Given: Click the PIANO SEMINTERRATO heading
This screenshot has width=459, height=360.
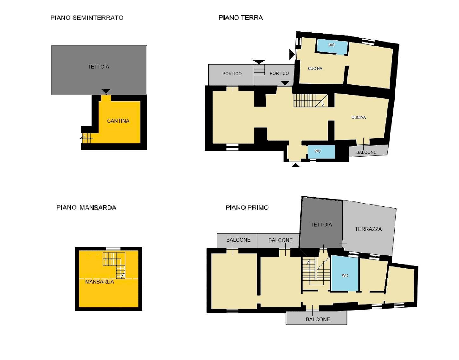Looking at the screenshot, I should pyautogui.click(x=87, y=18).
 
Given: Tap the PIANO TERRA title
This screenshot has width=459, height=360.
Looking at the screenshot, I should pyautogui.click(x=241, y=18).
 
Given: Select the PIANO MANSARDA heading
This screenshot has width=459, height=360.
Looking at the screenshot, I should pyautogui.click(x=86, y=207).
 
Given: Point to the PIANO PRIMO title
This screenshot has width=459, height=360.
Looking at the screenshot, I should pyautogui.click(x=247, y=207).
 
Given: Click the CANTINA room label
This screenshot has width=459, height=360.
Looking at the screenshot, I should pyautogui.click(x=118, y=121).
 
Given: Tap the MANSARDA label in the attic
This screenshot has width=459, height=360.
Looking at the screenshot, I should pyautogui.click(x=100, y=282).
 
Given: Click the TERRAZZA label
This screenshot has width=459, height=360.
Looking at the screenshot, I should pyautogui.click(x=368, y=229).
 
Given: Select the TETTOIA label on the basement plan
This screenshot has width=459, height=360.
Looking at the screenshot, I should pyautogui.click(x=98, y=67).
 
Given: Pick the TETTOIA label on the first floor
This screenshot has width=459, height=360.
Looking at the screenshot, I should pyautogui.click(x=321, y=225).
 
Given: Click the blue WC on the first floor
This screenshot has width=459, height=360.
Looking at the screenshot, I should pyautogui.click(x=345, y=275).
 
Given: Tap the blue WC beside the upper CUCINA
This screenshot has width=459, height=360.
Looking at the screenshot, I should pyautogui.click(x=332, y=45).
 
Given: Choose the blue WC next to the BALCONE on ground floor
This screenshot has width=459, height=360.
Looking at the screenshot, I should pyautogui.click(x=318, y=151).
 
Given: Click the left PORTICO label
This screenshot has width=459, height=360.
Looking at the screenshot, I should pyautogui.click(x=232, y=74).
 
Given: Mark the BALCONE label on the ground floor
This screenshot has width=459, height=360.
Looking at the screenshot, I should pyautogui.click(x=366, y=152).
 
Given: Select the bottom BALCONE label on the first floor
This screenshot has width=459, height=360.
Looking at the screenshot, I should pyautogui.click(x=318, y=319).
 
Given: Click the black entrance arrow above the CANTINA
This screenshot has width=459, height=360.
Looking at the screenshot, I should pyautogui.click(x=106, y=91).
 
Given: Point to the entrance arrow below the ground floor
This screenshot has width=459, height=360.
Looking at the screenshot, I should pyautogui.click(x=295, y=165).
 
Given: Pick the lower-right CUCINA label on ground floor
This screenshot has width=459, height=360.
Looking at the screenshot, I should pyautogui.click(x=359, y=117).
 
